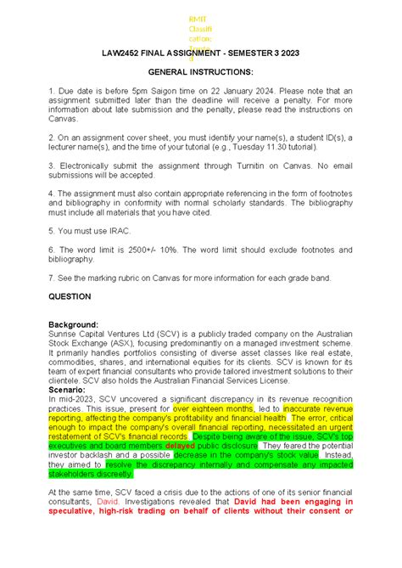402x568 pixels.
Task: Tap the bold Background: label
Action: tap(74, 324)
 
